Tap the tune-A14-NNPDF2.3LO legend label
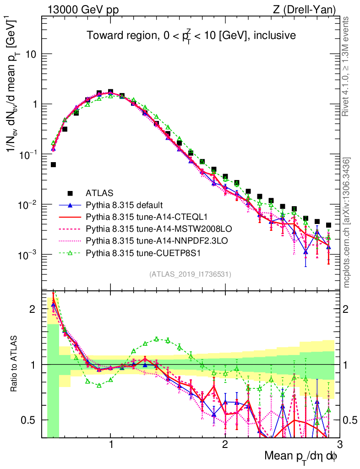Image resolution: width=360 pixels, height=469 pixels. (x=143, y=239)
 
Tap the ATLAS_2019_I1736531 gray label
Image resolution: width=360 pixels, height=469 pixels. (x=190, y=274)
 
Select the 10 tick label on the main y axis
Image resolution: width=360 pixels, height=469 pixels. (x=30, y=54)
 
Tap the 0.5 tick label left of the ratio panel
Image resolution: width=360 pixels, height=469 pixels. (x=28, y=420)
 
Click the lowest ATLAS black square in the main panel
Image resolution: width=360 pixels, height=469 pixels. (x=328, y=225)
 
